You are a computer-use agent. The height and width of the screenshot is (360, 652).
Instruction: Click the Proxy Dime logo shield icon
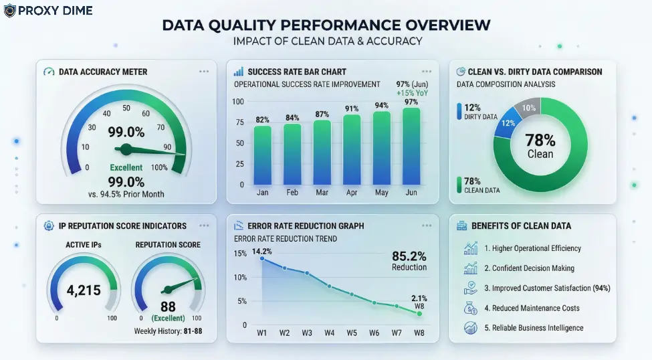(x=10, y=11)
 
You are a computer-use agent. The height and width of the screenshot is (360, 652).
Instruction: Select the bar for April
(x=351, y=149)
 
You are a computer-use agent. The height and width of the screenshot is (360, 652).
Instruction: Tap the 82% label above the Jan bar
(x=262, y=120)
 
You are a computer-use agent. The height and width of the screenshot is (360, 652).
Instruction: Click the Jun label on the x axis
(x=411, y=192)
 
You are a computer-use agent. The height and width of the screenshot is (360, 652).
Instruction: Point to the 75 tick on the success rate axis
(x=237, y=122)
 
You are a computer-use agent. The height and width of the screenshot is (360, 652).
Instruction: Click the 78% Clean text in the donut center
(x=540, y=145)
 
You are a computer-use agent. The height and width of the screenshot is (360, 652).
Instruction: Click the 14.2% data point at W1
(x=261, y=258)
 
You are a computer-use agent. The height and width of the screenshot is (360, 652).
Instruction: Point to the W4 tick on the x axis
(x=329, y=333)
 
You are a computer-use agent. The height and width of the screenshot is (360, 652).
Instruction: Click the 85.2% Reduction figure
(x=409, y=260)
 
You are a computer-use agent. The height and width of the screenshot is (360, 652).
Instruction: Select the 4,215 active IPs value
(x=84, y=290)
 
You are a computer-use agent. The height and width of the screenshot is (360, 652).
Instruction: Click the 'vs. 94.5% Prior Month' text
(x=126, y=194)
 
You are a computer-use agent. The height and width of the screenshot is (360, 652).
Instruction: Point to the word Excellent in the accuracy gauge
(x=126, y=167)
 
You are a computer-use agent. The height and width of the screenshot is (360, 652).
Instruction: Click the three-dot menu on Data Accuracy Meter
(x=204, y=71)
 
